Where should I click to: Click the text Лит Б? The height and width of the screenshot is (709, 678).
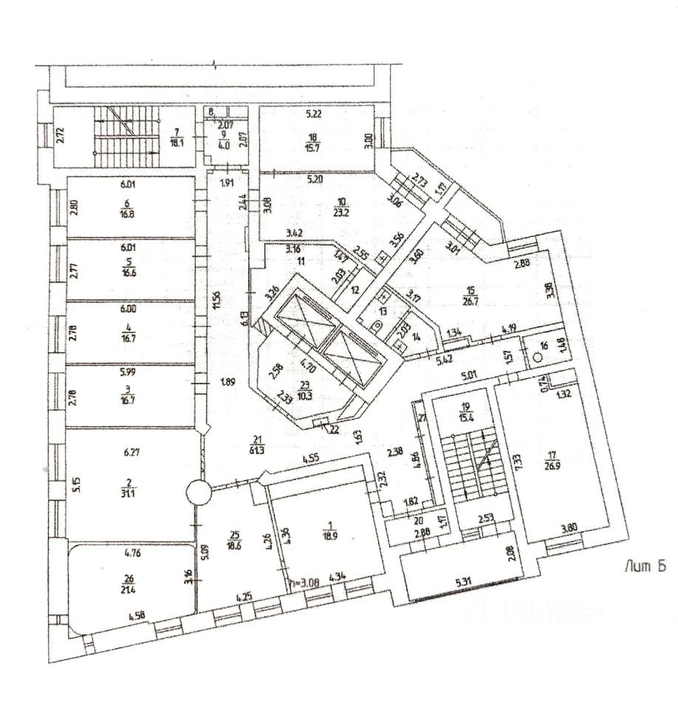click(x=646, y=566)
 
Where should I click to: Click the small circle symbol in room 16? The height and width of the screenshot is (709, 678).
click(x=538, y=355)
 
